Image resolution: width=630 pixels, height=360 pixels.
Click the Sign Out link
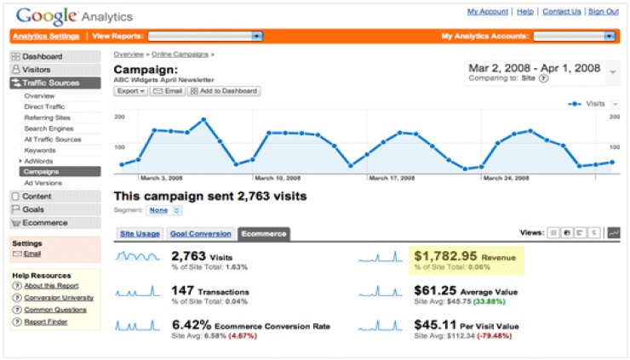[x=603, y=12]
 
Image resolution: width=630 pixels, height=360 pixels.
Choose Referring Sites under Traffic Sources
[x=47, y=117]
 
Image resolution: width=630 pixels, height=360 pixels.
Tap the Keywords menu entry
[x=40, y=149]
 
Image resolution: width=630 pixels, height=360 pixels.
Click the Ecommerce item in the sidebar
[x=44, y=223]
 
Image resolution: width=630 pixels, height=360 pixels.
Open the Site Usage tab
[x=139, y=233]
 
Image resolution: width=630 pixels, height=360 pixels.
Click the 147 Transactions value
[x=184, y=290]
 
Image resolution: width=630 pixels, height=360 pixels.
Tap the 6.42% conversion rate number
[x=191, y=325]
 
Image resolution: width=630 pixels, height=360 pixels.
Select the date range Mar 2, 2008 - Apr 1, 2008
[x=535, y=66]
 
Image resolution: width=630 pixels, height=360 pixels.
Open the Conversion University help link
[x=55, y=298]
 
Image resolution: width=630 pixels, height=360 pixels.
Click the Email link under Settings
[x=32, y=254]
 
